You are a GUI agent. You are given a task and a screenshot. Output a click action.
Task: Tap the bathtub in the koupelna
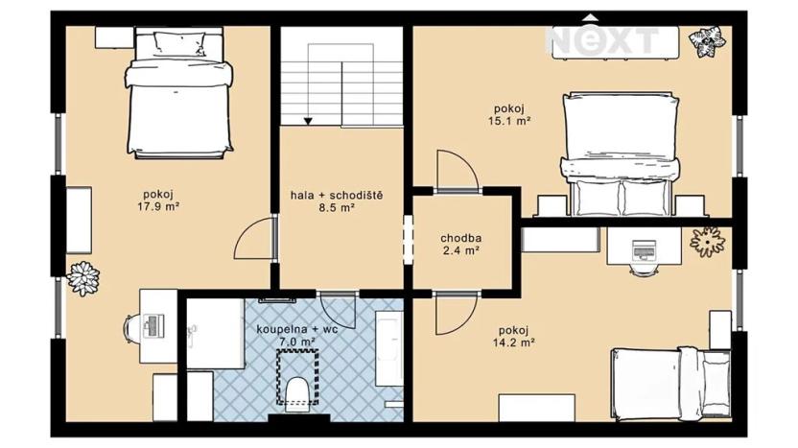[x=389, y=356]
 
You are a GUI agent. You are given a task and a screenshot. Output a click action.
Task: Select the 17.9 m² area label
[x=159, y=204]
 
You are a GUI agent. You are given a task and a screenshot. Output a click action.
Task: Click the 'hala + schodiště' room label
[x=337, y=196]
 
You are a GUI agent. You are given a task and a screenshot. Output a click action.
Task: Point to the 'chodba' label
[x=460, y=238]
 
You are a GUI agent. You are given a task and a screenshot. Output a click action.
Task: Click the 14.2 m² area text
[x=515, y=341]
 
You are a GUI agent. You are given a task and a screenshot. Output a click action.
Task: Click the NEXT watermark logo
[x=603, y=38]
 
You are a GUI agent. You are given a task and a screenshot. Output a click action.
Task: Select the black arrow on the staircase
[x=309, y=120]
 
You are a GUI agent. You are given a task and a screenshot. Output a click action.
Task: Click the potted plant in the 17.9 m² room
[x=83, y=278]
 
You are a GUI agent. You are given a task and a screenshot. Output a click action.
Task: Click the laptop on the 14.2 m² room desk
[x=642, y=251]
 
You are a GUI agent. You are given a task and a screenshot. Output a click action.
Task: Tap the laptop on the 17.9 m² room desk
[x=152, y=325]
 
